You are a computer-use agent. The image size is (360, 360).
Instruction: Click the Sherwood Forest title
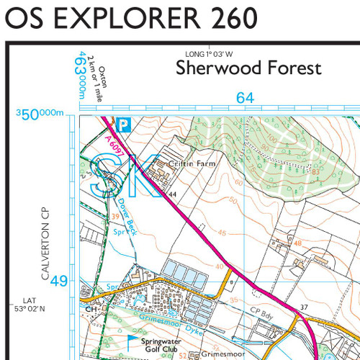248,69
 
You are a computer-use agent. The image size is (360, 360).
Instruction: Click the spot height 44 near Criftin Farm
173,194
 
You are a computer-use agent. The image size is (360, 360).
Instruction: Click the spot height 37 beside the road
304,307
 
